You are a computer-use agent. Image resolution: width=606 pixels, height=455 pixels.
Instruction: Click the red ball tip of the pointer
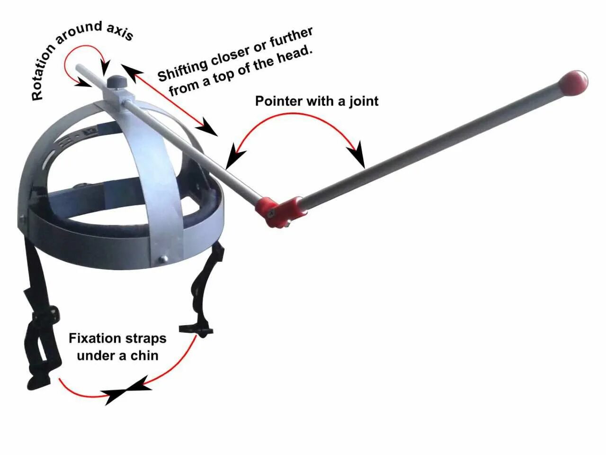(573, 82)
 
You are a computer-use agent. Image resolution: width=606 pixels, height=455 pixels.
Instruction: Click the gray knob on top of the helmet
(115, 82)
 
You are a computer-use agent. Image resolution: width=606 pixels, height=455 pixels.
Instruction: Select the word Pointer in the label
(278, 101)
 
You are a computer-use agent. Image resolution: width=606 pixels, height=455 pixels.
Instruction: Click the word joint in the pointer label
(364, 101)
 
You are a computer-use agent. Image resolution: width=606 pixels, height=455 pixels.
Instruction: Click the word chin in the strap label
(144, 355)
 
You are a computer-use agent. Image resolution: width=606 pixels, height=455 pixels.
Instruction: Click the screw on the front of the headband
(164, 258)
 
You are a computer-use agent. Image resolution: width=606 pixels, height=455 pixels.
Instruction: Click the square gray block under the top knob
(114, 97)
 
